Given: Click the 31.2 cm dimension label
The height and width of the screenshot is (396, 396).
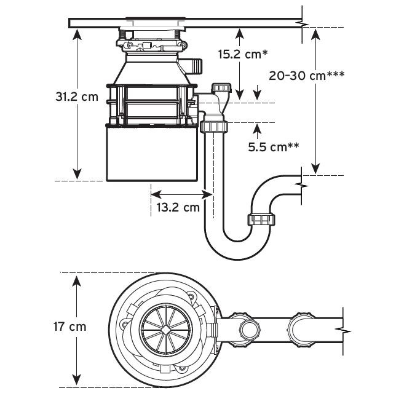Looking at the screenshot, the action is click(77, 97).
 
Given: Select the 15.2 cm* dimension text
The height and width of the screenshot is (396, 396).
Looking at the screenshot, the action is click(243, 54).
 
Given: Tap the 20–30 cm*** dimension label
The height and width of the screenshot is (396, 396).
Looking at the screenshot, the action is click(307, 76).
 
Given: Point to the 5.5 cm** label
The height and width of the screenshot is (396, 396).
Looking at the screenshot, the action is click(274, 147).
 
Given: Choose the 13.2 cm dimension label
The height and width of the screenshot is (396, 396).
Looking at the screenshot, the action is click(178, 207).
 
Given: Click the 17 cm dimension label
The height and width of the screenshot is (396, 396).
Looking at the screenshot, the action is click(70, 327).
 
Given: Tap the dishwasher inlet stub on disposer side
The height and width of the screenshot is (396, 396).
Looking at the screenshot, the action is click(195, 66).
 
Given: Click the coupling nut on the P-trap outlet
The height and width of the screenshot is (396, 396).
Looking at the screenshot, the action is click(261, 219).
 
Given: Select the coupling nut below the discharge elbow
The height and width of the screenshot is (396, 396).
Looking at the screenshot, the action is click(214, 127).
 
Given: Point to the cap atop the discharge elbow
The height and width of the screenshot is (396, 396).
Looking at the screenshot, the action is click(221, 88).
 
